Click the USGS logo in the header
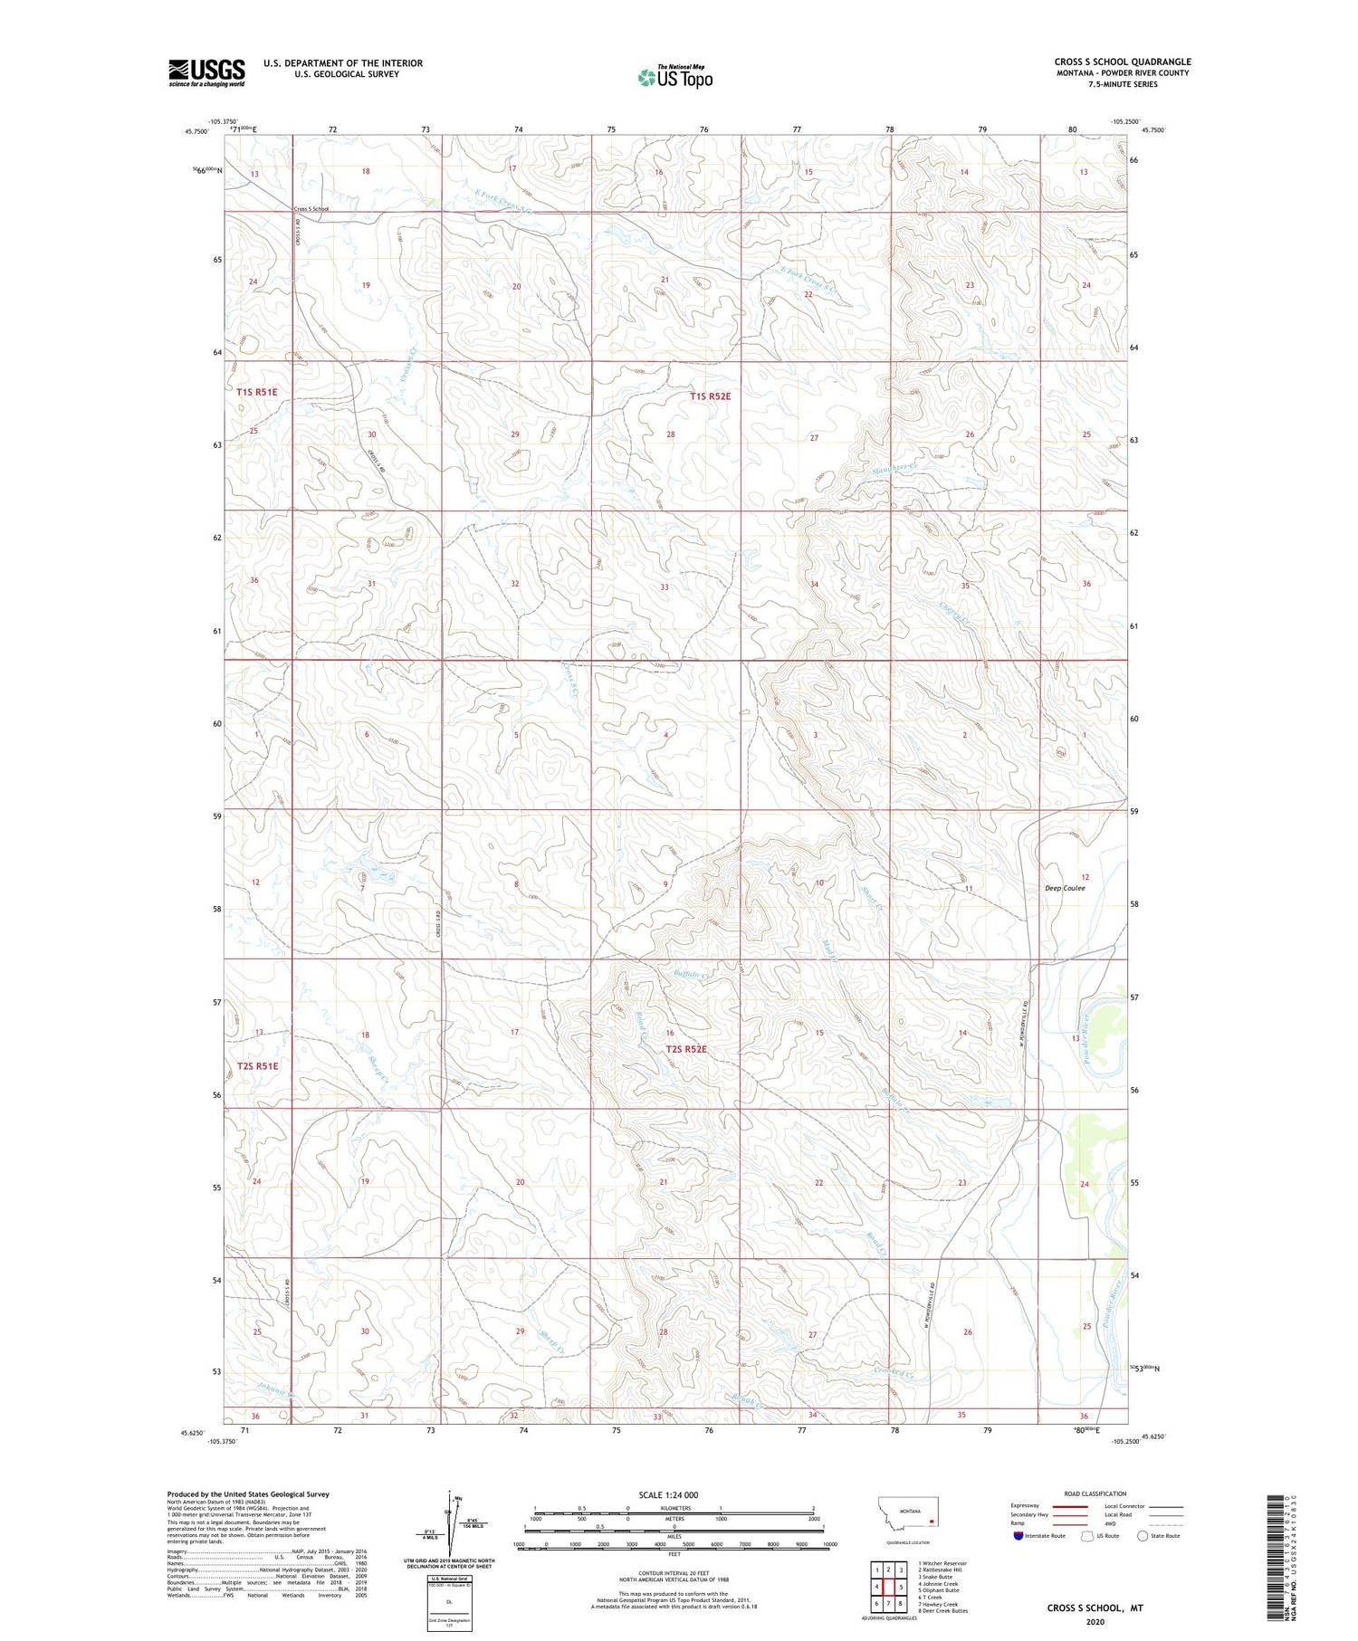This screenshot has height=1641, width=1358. [206, 72]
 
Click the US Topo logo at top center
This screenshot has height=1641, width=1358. [675, 77]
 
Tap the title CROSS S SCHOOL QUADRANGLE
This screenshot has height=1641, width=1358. [1122, 62]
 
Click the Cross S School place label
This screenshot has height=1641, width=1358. [311, 209]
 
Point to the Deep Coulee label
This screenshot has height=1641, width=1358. [1065, 888]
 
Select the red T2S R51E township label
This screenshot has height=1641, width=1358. [258, 1065]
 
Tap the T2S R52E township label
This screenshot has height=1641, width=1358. [686, 1049]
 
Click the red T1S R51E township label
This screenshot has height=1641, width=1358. [257, 392]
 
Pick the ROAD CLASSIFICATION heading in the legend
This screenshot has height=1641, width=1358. [1095, 1493]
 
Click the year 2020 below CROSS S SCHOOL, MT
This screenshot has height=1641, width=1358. [1095, 1622]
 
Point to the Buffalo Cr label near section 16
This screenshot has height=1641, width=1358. [694, 975]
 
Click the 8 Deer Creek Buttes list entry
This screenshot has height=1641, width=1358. [942, 1611]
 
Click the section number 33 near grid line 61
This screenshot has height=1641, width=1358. [665, 587]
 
